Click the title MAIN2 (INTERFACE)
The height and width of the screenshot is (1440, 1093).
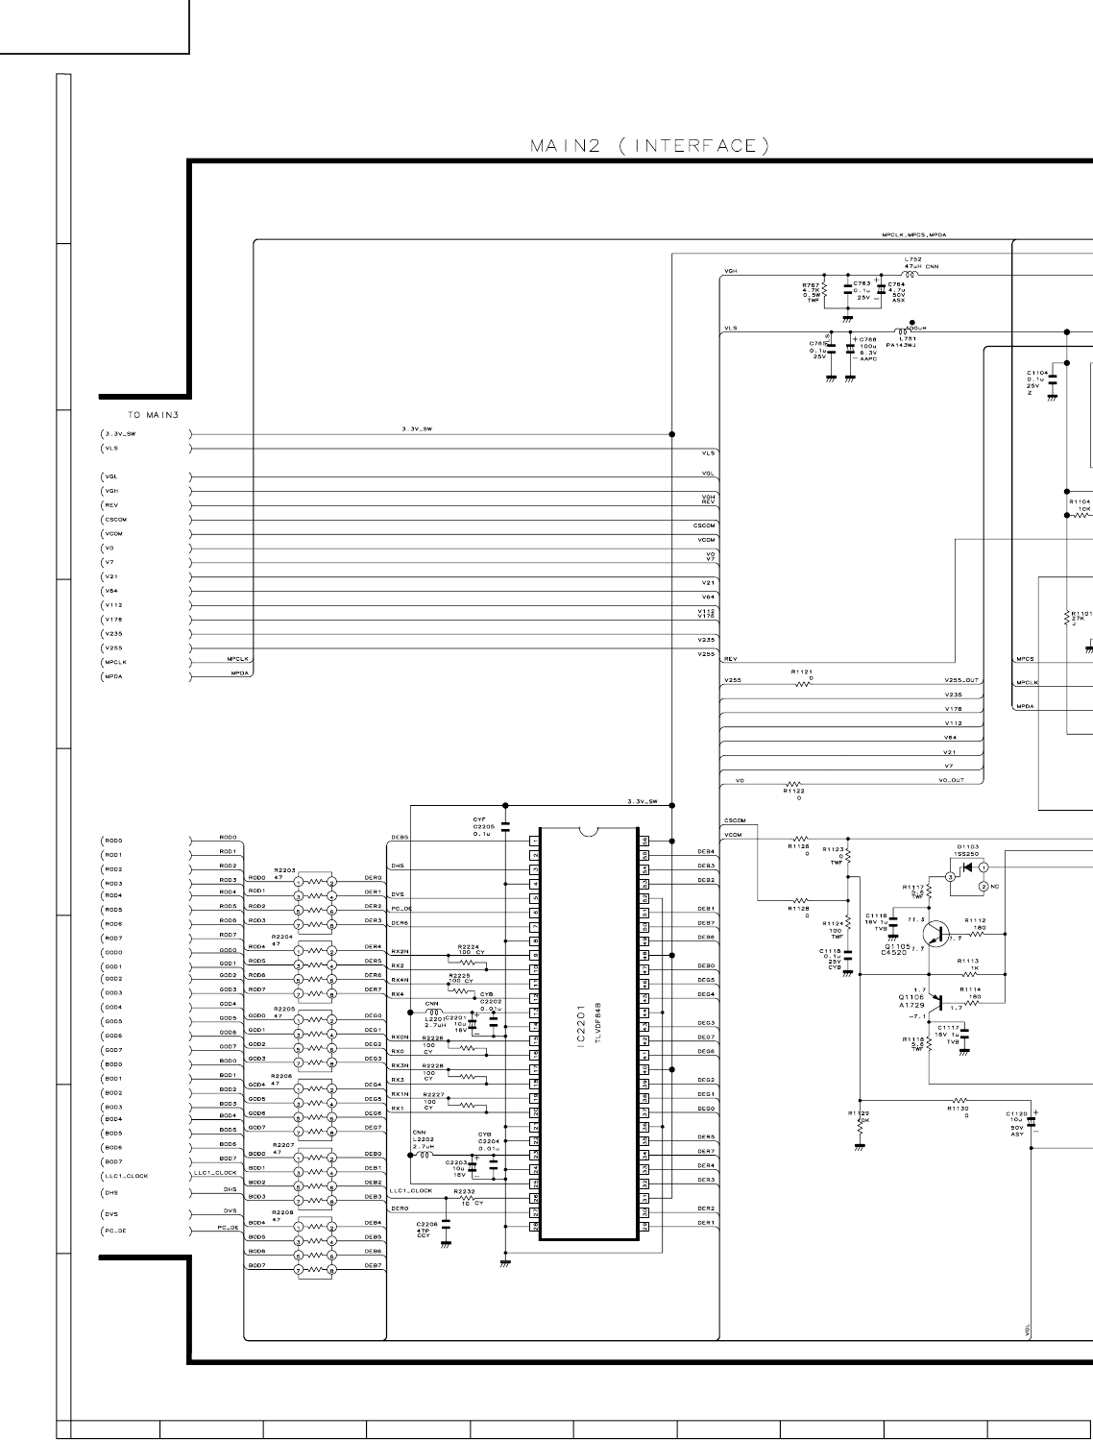click(x=649, y=146)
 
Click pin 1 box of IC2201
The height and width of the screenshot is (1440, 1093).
click(x=534, y=840)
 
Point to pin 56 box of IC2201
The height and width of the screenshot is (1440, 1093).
click(x=645, y=840)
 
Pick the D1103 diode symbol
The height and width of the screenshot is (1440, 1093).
click(x=967, y=867)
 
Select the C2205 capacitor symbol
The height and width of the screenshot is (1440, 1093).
click(x=505, y=827)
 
